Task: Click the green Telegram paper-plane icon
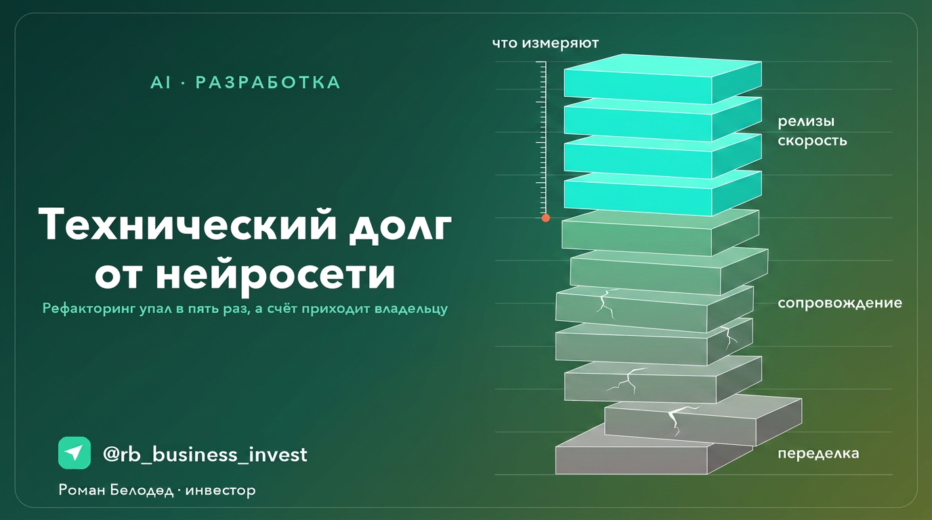click(x=75, y=453)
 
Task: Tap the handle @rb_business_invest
click(x=205, y=454)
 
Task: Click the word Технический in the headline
click(x=187, y=226)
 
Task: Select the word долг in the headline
click(x=400, y=229)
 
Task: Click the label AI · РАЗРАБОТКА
click(x=245, y=83)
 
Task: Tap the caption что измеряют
click(x=545, y=43)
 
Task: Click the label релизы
click(x=806, y=121)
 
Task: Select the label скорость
click(x=812, y=141)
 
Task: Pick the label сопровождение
click(x=840, y=303)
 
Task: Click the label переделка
click(x=818, y=453)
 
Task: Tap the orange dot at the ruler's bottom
click(x=546, y=218)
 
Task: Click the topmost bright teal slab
click(x=663, y=79)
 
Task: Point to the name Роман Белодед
click(x=116, y=490)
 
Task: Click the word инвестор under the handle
click(x=221, y=491)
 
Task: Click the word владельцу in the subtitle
click(x=411, y=309)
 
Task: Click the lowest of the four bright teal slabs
click(x=663, y=193)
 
